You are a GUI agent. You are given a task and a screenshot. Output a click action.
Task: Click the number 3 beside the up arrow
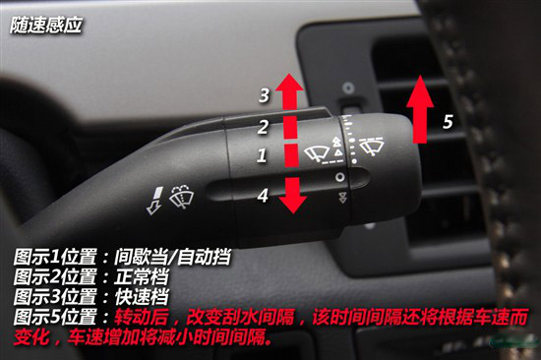(x=265, y=95)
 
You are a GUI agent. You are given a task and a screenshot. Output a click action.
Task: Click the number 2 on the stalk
(x=263, y=127)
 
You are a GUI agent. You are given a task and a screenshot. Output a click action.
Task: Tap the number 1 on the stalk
(x=262, y=155)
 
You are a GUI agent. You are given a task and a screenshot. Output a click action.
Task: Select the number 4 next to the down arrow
(x=263, y=196)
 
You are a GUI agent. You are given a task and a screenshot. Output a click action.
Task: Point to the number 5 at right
(x=448, y=122)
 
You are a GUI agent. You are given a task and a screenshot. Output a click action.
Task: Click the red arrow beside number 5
(x=420, y=109)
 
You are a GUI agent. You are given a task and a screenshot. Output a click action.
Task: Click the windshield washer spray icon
(x=182, y=197)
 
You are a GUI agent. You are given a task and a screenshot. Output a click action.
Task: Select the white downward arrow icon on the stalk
(x=154, y=201)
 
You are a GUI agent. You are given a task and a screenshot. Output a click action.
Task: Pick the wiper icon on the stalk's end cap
(x=371, y=146)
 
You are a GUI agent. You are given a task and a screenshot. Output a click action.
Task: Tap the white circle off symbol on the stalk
(x=340, y=177)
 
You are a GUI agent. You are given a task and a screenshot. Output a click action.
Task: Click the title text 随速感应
(x=46, y=26)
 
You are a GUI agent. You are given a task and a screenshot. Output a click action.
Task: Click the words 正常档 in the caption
(x=141, y=276)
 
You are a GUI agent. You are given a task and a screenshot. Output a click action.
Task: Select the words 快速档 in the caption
(x=141, y=296)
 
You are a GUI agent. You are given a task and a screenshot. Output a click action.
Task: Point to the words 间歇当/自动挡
(x=172, y=257)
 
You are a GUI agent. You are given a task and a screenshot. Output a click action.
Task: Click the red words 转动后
(x=141, y=316)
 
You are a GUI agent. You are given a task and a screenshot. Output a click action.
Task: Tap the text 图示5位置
(x=55, y=316)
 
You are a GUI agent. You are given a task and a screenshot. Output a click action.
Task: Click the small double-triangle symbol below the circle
(x=342, y=198)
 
